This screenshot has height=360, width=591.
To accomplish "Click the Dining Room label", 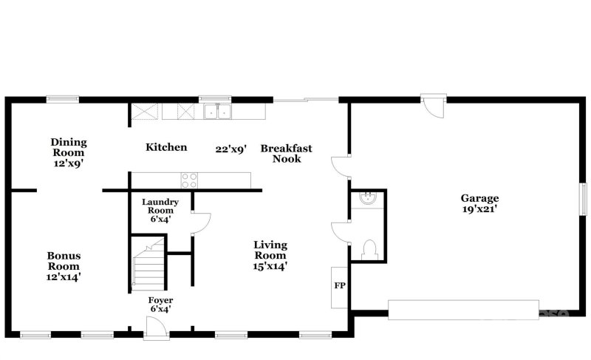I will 69,147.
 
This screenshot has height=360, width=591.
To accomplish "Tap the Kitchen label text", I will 166,148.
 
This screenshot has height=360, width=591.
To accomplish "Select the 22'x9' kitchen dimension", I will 230,148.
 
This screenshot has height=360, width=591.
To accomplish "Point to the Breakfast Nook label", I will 286,153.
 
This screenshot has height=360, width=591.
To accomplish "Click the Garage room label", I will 479,198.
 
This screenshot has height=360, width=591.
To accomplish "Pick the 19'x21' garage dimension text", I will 480,209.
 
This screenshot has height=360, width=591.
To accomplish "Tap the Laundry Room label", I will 160,206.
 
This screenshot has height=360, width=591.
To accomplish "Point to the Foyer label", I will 160,300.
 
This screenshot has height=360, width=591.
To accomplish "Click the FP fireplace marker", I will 340,285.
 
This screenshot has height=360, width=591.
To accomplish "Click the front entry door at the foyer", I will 156,327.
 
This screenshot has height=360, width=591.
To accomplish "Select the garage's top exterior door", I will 435,105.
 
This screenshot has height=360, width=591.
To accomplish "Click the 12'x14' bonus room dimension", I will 64,277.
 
